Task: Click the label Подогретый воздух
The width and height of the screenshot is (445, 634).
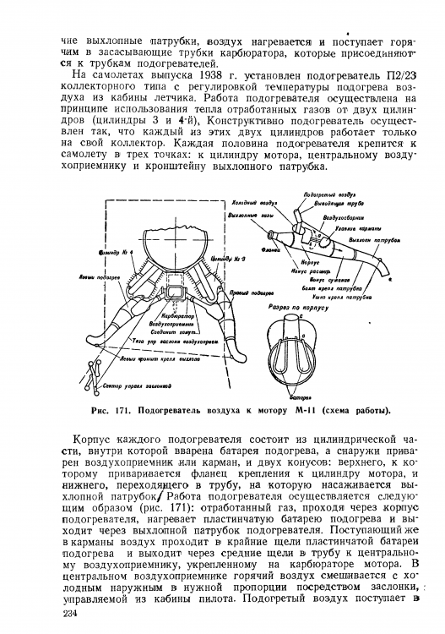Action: pos(320,195)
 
